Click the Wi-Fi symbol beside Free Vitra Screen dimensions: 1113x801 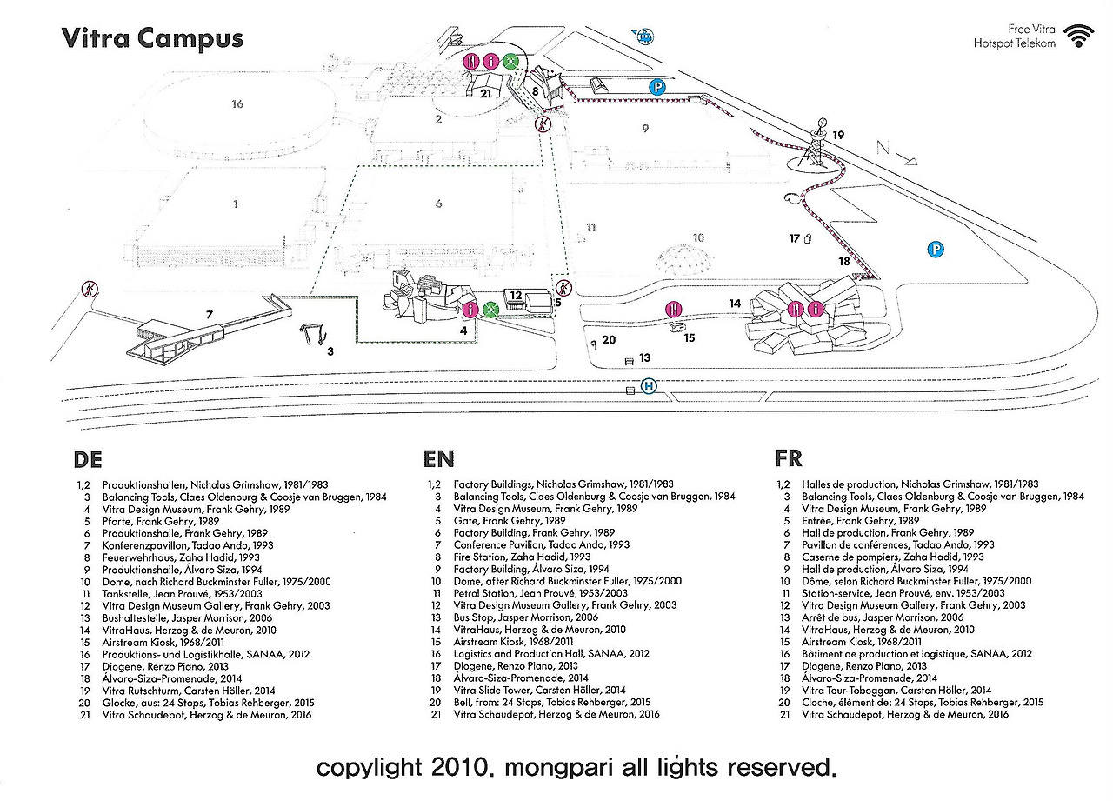1079,37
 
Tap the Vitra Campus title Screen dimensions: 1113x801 152,39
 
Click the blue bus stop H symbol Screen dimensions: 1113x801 649,386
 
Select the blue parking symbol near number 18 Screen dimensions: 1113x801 936,249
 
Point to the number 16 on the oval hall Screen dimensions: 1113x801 237,103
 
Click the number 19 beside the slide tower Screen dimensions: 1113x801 838,135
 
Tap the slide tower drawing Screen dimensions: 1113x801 816,144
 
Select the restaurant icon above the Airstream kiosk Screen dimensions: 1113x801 674,309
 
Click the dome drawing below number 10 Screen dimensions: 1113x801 682,259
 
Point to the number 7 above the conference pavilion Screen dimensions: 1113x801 210,315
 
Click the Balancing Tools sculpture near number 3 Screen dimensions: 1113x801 312,333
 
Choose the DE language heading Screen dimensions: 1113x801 88,459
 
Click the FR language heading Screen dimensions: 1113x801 789,458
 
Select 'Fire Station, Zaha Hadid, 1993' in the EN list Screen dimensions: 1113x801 522,557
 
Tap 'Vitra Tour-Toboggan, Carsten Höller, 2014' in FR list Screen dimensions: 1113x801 896,691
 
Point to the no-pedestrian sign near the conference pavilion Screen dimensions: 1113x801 90,289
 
